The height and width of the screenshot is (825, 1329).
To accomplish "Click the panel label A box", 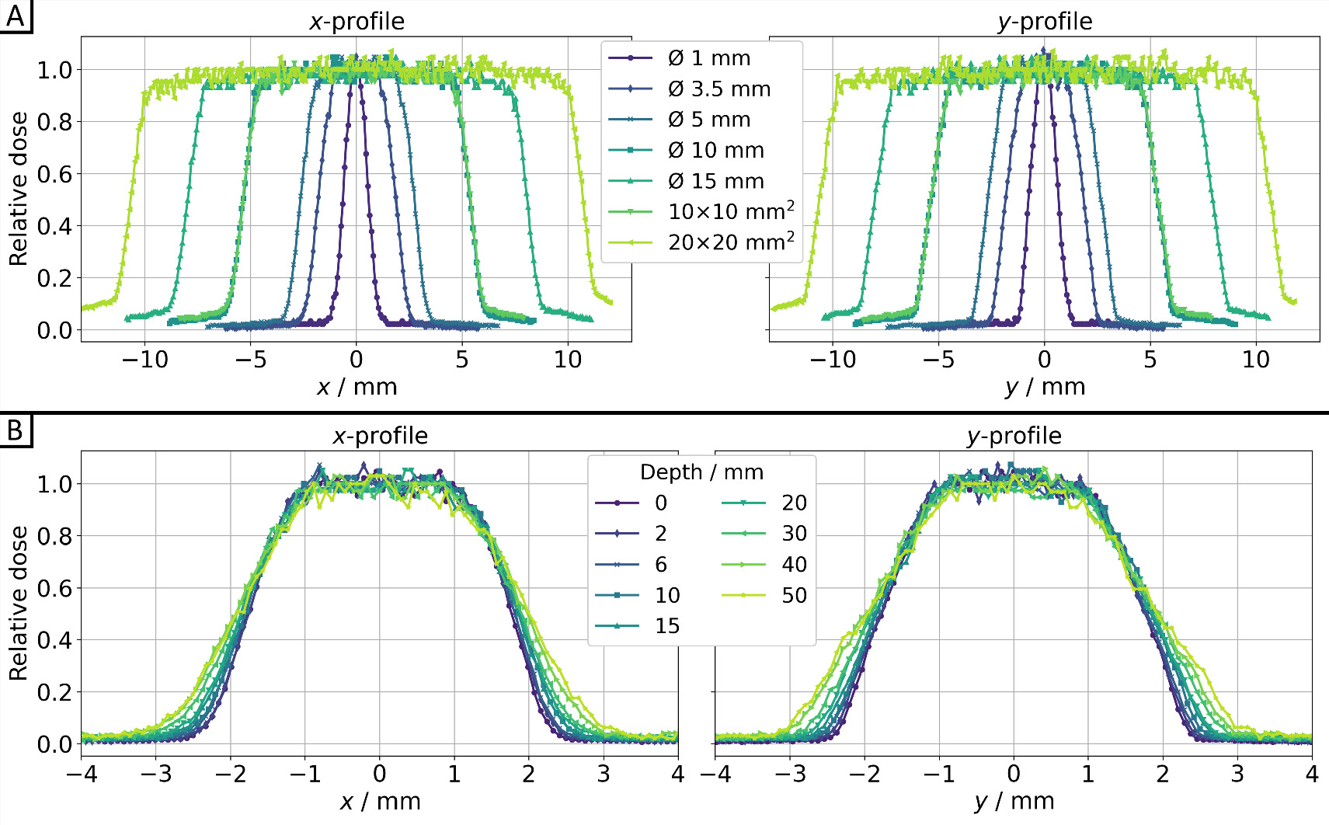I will click(16, 15).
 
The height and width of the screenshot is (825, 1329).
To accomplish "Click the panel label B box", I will click(16, 430).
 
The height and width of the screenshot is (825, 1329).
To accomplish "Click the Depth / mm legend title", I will click(701, 472).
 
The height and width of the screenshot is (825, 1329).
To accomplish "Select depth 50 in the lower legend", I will click(793, 596).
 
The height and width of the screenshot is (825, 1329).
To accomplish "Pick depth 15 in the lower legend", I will click(666, 626).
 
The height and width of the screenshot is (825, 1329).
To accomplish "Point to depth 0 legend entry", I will click(660, 503).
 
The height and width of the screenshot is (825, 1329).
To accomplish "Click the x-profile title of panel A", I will click(357, 21).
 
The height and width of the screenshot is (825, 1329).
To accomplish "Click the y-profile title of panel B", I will click(1014, 436).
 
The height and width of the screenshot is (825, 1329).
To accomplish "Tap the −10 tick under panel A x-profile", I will click(144, 360).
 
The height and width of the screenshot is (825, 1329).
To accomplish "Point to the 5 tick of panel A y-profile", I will click(1150, 360).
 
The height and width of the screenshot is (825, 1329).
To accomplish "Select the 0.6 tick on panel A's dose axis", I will click(54, 174).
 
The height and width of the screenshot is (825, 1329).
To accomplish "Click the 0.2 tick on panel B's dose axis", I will click(54, 692).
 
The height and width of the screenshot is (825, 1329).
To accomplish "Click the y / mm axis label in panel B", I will click(1014, 802).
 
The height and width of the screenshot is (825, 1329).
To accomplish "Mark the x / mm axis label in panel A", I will click(357, 387).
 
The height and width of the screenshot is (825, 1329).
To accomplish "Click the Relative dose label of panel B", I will click(19, 603).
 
